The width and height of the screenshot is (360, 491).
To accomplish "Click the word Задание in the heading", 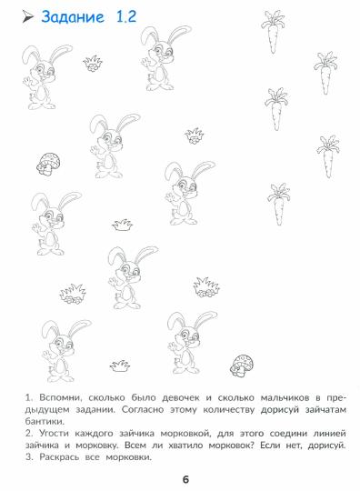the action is tap(73, 17).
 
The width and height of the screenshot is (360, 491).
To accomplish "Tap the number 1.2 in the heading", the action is tap(126, 16).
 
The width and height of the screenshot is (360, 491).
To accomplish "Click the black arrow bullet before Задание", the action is tap(27, 16).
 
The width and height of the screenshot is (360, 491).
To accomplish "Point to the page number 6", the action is tap(185, 479).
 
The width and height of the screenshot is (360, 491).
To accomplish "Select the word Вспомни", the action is tap(60, 398).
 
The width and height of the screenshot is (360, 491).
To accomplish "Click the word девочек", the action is tap(181, 397).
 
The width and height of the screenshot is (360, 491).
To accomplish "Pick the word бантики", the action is tap(45, 421).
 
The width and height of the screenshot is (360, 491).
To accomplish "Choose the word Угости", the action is tap(54, 434).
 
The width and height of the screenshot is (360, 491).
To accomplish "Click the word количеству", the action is tap(228, 409).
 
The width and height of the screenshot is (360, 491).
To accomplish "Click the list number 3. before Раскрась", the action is tap(29, 456).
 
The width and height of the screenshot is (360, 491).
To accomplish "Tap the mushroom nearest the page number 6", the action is tap(241, 366).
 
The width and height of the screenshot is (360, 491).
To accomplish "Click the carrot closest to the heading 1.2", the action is tap(273, 31).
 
